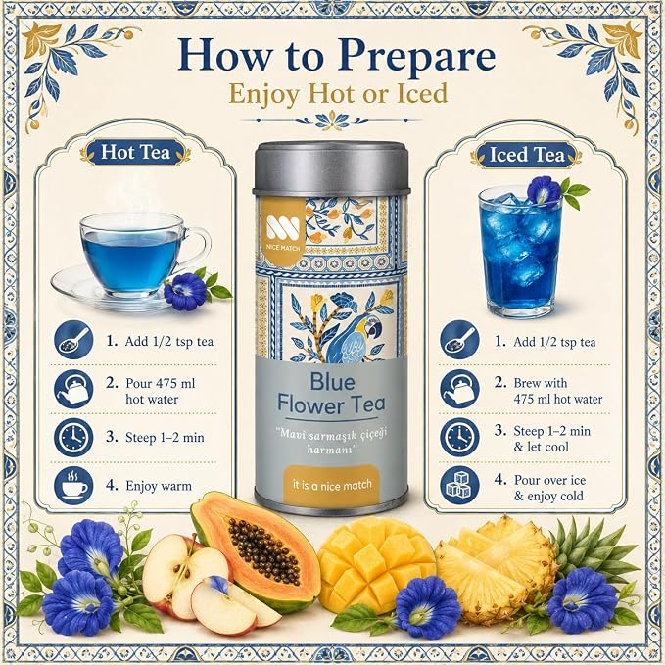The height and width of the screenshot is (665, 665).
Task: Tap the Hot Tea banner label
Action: pos(136,152)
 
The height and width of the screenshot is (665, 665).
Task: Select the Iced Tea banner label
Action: pos(527,155)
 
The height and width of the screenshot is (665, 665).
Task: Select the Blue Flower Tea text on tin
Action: pos(331,393)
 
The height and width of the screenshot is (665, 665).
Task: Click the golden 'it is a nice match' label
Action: pos(331,485)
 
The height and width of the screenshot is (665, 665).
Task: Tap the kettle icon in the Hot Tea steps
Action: pos(73,389)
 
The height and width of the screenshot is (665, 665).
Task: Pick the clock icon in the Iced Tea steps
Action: pos(459,437)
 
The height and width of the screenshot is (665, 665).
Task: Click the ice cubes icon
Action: pos(459,486)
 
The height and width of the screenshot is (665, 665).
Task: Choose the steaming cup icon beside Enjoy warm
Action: pos(73,486)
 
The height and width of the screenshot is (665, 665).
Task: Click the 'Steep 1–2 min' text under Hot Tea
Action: pos(165,437)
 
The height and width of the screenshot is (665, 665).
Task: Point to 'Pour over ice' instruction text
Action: pos(549,480)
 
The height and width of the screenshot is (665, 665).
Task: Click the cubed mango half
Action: pos(375,560)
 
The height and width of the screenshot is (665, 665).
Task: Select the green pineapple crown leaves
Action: pos(598,547)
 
